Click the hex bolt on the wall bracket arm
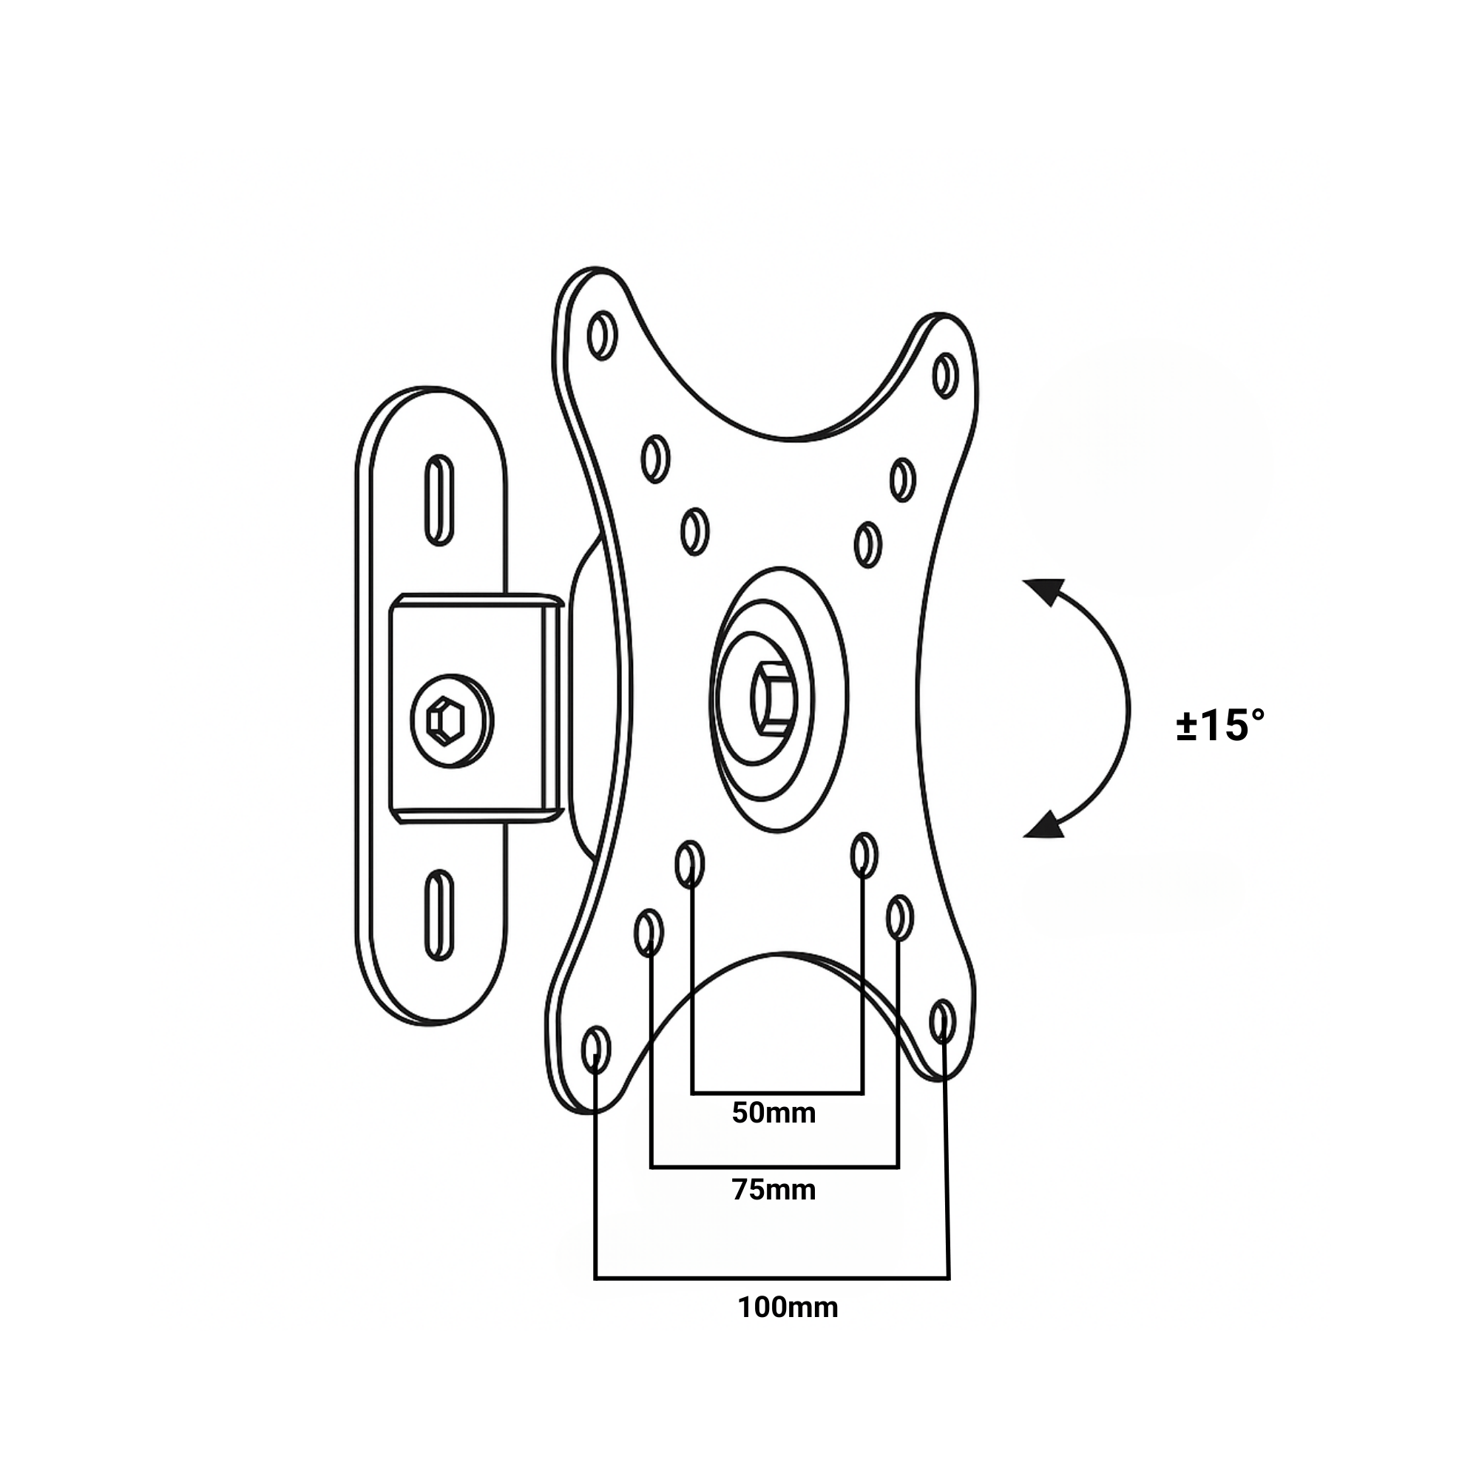(x=447, y=720)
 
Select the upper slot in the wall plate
(x=439, y=500)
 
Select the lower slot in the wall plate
(x=439, y=915)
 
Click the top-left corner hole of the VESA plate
(x=603, y=334)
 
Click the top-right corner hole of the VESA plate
(x=947, y=375)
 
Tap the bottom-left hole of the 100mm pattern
(x=596, y=1049)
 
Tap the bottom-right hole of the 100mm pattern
(x=942, y=1021)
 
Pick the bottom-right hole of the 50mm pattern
(x=864, y=856)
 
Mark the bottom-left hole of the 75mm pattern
(x=649, y=933)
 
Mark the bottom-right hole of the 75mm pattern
(x=899, y=917)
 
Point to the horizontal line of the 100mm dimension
(x=771, y=1278)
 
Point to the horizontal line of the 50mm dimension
(x=777, y=1092)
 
